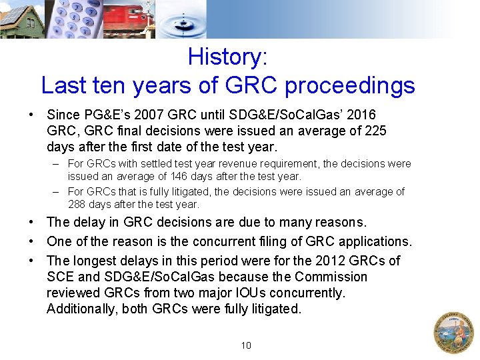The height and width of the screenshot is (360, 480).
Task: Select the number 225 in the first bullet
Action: (374, 131)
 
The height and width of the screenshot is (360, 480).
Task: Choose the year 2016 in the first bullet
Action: (361, 115)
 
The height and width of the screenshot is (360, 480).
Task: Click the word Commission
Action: (331, 277)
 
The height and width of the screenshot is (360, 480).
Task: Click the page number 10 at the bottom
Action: (246, 345)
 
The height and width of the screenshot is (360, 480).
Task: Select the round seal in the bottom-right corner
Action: (453, 332)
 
